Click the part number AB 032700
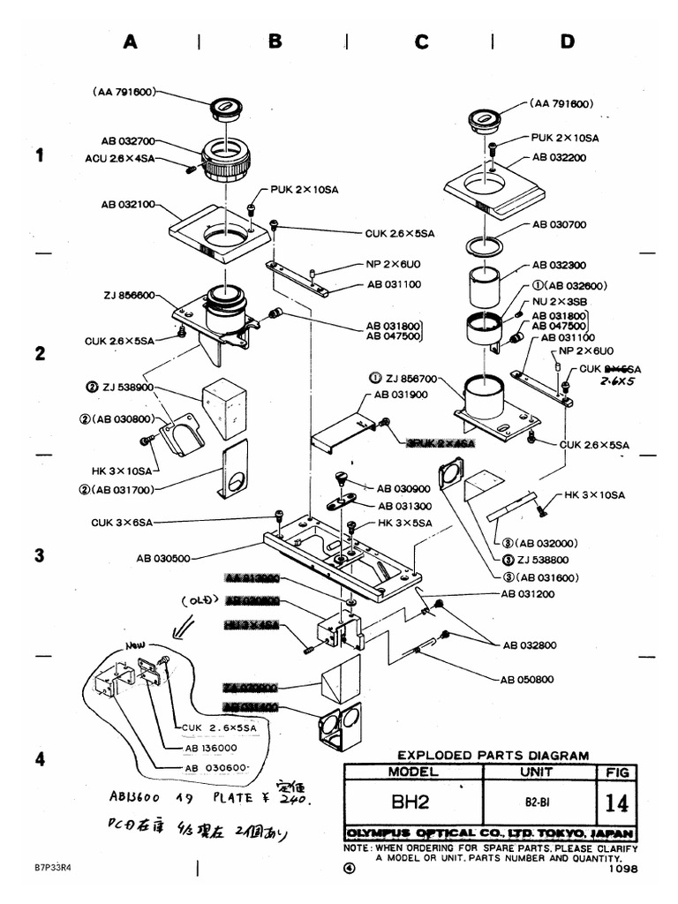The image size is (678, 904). pyautogui.click(x=130, y=139)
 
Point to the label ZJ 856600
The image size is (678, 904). pyautogui.click(x=128, y=295)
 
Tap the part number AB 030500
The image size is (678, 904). pyautogui.click(x=166, y=558)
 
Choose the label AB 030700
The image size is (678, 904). pyautogui.click(x=560, y=224)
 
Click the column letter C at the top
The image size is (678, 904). pyautogui.click(x=420, y=41)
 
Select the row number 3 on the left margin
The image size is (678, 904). pyautogui.click(x=39, y=555)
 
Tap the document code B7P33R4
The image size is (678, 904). pyautogui.click(x=53, y=868)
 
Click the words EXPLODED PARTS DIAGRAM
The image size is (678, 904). pyautogui.click(x=493, y=755)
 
